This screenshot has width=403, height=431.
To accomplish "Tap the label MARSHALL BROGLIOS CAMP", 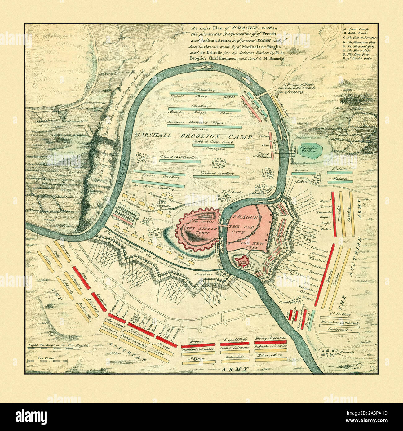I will coord(193,137).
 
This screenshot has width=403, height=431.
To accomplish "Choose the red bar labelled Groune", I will coord(197,345).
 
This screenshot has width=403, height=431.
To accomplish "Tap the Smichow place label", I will coord(203,274).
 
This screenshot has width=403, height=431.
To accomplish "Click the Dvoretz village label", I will coord(342,352).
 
